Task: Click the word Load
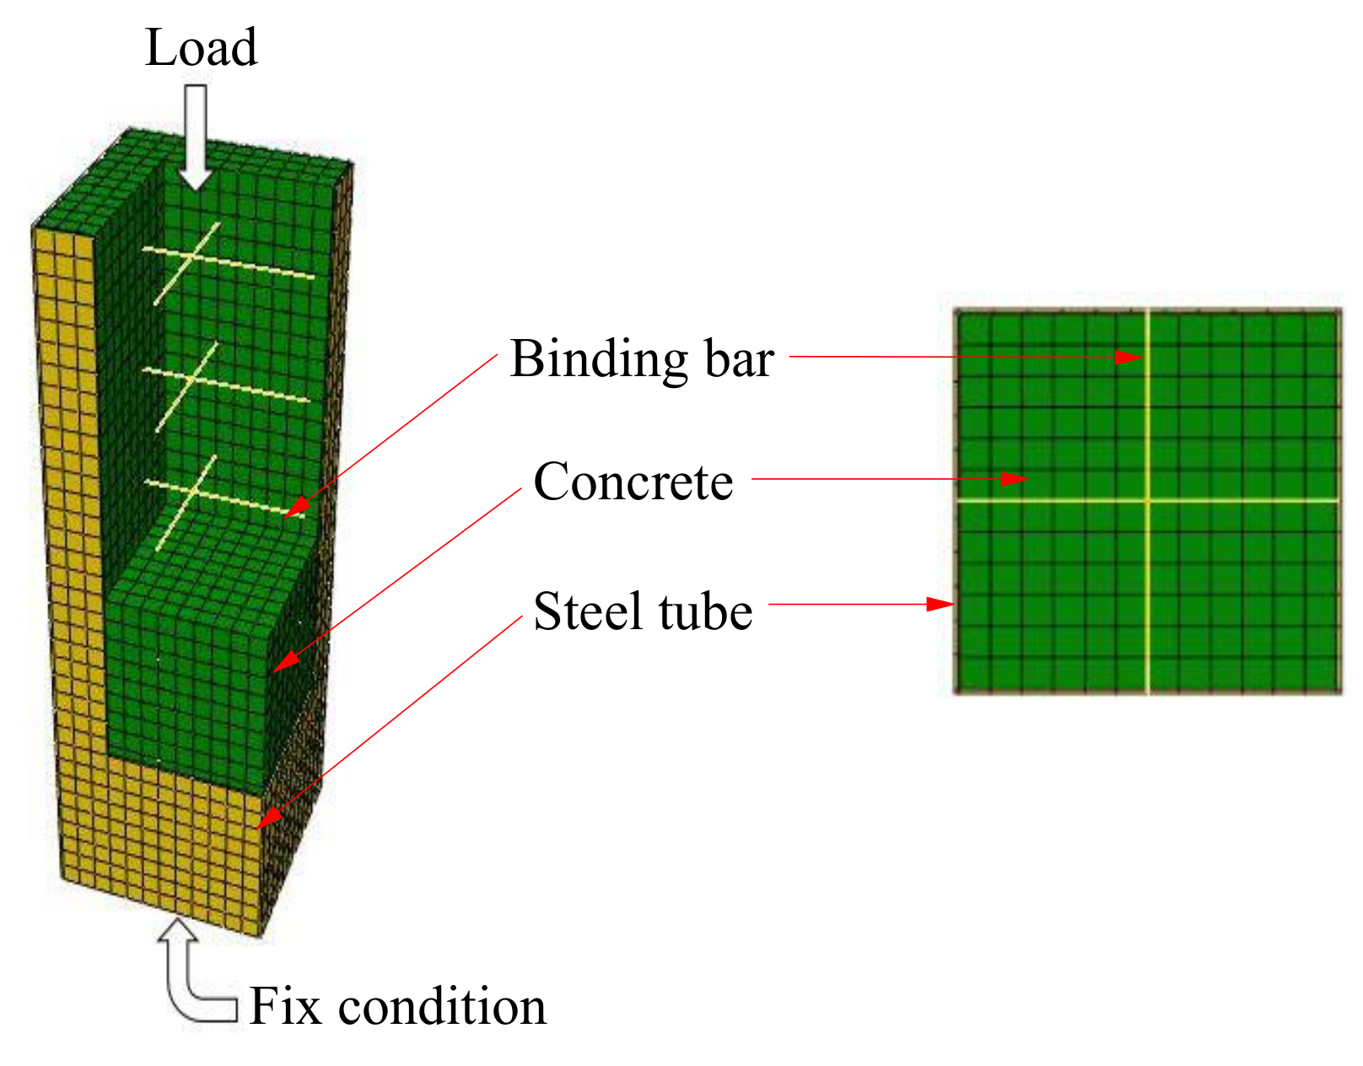click(x=201, y=47)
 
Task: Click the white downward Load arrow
click(x=196, y=135)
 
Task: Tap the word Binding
click(x=598, y=360)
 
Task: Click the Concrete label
click(x=633, y=482)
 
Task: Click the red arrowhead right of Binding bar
click(x=1129, y=358)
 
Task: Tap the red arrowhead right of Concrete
click(x=1015, y=479)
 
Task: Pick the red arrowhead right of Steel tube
click(x=940, y=604)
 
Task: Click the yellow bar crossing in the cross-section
click(x=1147, y=501)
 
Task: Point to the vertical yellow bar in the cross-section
click(x=1147, y=607)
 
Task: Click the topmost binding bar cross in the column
click(x=191, y=256)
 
